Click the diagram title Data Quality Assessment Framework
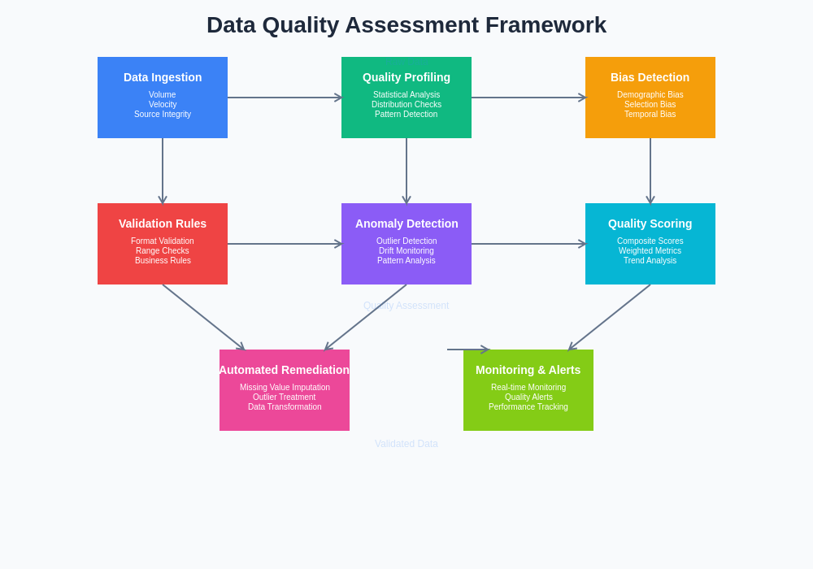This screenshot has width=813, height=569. pos(406,25)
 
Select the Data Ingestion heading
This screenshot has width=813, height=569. pos(163,77)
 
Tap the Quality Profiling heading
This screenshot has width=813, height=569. pos(406,77)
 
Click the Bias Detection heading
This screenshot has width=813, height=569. pos(650,77)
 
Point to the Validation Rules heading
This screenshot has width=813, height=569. pos(163,224)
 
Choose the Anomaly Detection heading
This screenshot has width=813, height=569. pos(406,224)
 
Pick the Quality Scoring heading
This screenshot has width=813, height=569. pos(650,224)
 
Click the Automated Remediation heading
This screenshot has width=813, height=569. pos(285,370)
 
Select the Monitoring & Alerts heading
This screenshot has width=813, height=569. pos(528,370)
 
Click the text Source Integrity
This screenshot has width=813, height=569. pos(163,115)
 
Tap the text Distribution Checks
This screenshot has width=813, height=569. pos(406,105)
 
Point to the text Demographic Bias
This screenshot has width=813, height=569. pos(650,95)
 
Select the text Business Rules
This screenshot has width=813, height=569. pos(163,261)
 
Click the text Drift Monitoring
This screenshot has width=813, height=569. pos(406,251)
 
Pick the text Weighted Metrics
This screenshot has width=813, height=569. pos(650,251)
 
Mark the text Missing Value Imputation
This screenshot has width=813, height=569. pos(285,388)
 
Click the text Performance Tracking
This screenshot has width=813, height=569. pos(528,407)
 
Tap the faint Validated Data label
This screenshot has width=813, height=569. pos(406,444)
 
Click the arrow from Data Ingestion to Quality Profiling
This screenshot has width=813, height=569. pos(285,98)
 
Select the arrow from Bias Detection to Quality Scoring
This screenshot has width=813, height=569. pos(650,171)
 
